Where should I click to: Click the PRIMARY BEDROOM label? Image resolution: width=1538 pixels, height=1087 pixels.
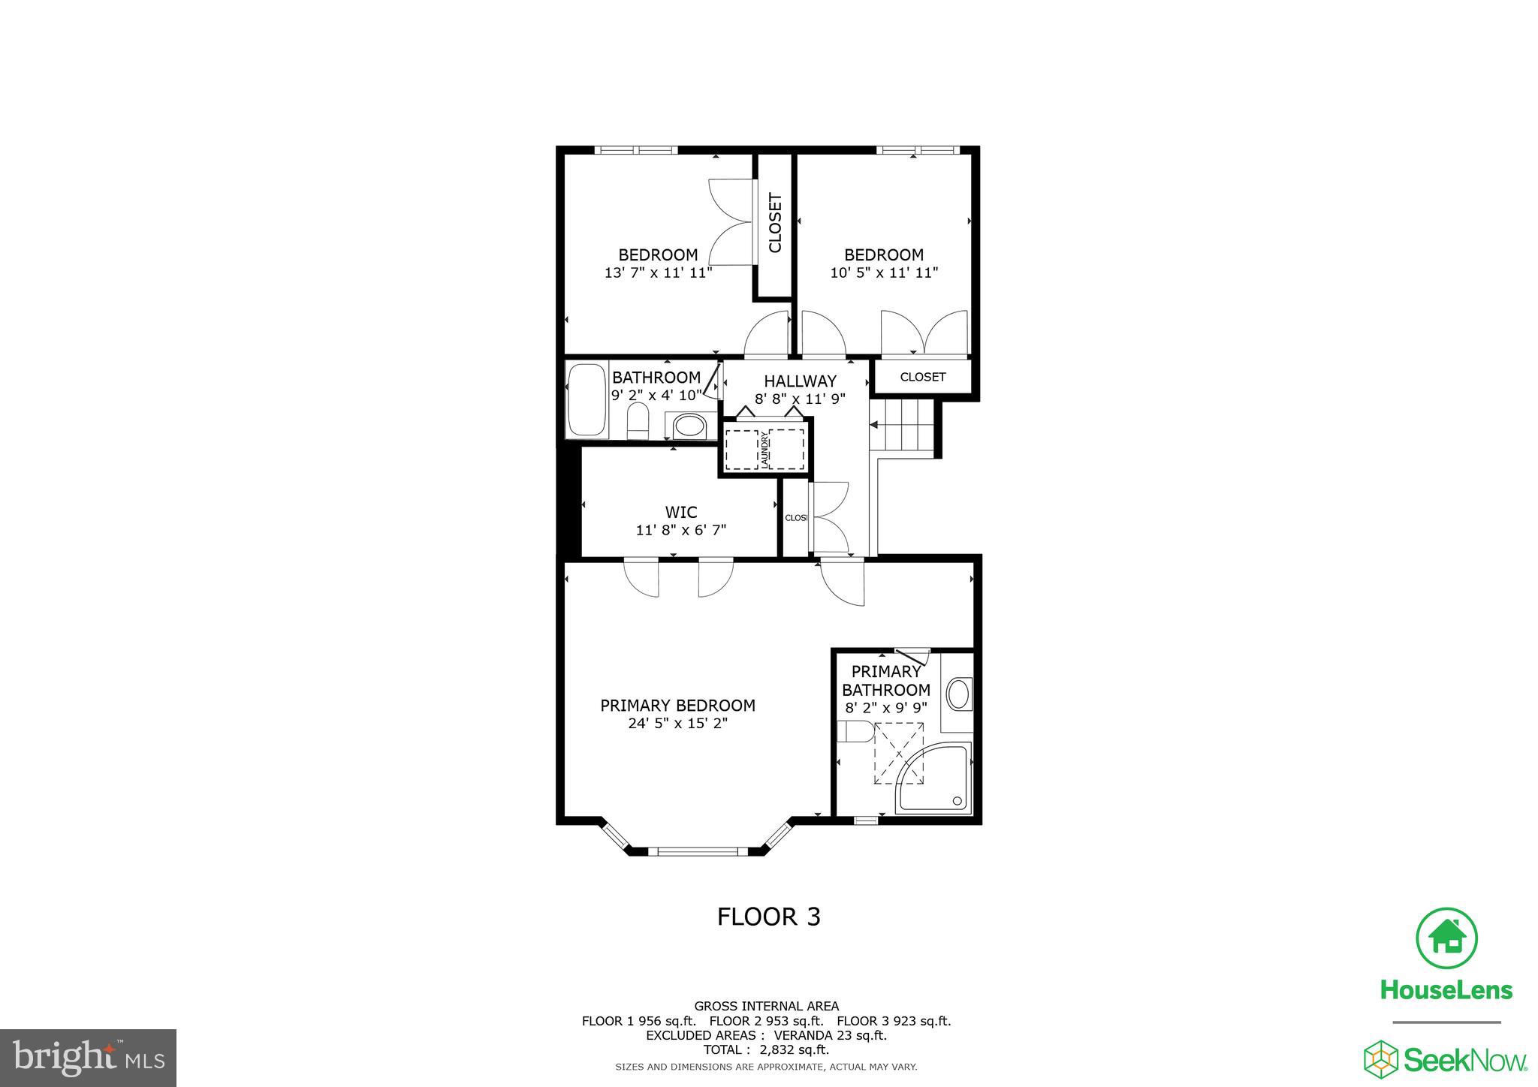coord(677,706)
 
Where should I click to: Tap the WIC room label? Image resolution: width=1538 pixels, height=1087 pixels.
coord(681,512)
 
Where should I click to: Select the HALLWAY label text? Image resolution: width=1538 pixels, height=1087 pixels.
coord(800,381)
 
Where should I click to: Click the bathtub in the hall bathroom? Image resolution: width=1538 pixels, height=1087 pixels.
coord(587,400)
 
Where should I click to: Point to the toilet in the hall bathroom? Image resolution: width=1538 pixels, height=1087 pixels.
coord(638,422)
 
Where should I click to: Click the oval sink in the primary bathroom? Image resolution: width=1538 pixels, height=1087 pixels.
coord(958,694)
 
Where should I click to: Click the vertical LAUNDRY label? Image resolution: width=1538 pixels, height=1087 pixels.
coord(764,450)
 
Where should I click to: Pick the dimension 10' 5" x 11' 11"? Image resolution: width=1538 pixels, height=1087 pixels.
coord(884,273)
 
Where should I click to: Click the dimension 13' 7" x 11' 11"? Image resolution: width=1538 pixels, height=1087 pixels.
coord(658,273)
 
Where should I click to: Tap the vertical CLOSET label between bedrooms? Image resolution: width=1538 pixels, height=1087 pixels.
coord(775,223)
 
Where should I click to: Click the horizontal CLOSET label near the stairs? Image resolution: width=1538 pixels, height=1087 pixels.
coord(922,377)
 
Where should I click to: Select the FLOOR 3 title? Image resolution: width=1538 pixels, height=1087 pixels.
coord(768,917)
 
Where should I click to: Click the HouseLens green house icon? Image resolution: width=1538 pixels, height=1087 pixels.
coord(1446,938)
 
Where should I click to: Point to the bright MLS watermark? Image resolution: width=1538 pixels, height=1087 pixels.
coord(88,1058)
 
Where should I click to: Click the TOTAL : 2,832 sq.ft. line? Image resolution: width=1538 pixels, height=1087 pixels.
coord(766,1049)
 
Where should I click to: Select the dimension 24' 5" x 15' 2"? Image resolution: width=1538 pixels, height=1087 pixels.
coord(677,724)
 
